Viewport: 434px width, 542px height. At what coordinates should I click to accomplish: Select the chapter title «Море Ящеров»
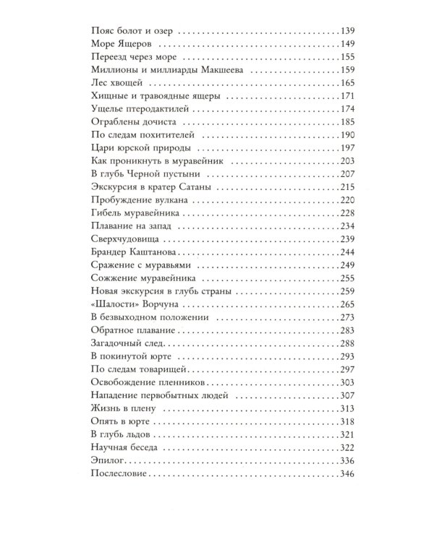point(121,45)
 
